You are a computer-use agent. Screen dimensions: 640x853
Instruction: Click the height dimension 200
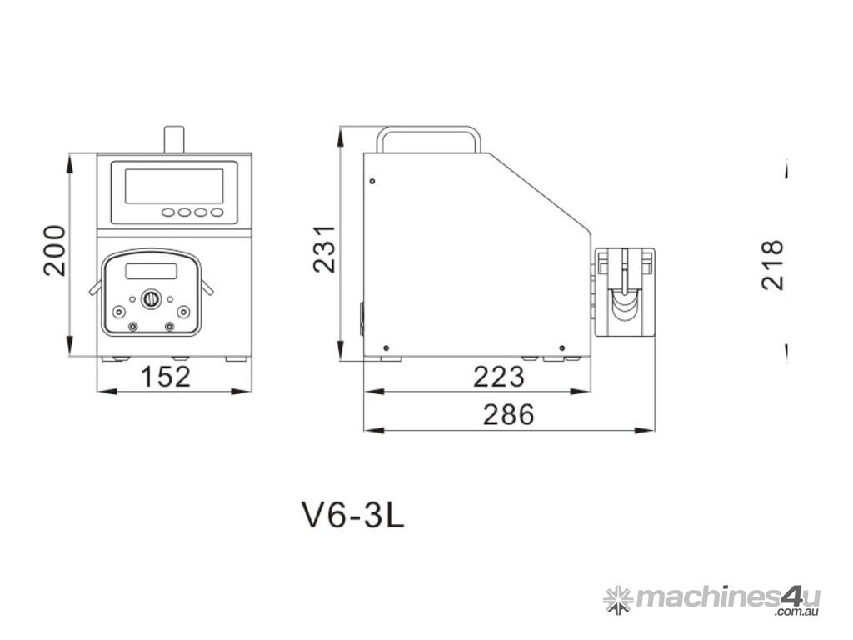[54, 250]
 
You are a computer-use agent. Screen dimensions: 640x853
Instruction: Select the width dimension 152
[165, 377]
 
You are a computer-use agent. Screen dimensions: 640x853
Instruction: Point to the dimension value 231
[324, 248]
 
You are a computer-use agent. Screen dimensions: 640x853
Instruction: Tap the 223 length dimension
[499, 377]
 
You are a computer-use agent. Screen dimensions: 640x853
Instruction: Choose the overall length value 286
[508, 414]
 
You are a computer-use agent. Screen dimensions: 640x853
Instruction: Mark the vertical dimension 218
[773, 264]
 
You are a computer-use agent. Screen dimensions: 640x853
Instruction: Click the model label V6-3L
[352, 517]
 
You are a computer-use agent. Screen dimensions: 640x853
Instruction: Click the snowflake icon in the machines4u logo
[617, 598]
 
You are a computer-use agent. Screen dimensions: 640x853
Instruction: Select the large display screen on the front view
[174, 186]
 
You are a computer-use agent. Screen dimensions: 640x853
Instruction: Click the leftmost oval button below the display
[168, 212]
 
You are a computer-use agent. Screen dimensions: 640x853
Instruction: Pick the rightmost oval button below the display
[217, 212]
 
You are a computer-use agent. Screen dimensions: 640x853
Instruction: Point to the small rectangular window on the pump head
[151, 271]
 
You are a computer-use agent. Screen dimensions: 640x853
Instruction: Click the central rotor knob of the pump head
[151, 298]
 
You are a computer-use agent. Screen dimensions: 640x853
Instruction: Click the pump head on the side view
[625, 292]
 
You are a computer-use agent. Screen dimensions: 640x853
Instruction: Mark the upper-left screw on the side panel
[372, 182]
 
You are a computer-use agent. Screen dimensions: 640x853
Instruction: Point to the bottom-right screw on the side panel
[562, 347]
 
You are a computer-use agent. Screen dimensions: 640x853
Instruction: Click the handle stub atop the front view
[173, 138]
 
